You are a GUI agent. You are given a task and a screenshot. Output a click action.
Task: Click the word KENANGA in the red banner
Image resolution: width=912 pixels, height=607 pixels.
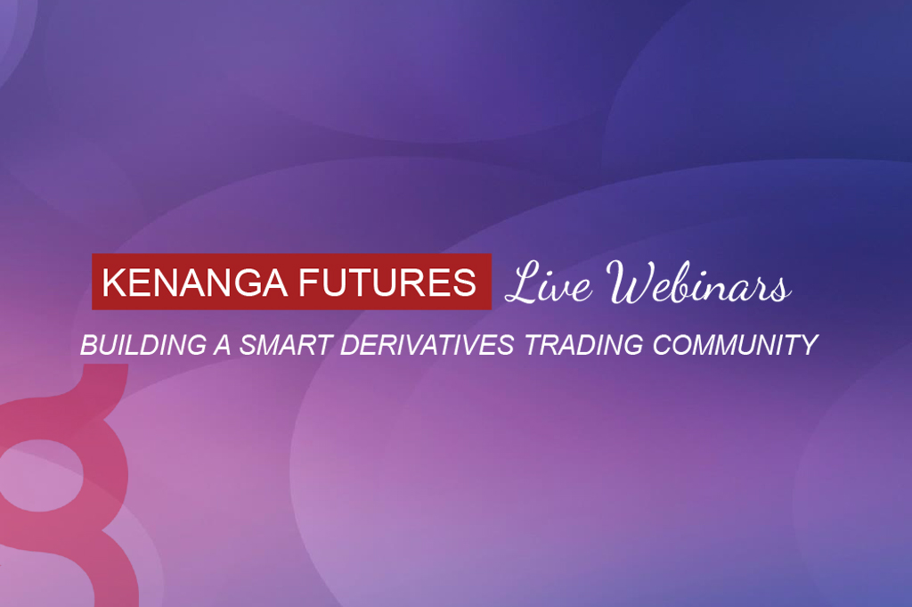(194, 283)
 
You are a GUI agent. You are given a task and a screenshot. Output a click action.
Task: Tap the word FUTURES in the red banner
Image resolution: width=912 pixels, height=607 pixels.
(388, 283)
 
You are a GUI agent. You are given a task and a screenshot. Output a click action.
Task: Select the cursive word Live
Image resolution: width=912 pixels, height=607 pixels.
(549, 283)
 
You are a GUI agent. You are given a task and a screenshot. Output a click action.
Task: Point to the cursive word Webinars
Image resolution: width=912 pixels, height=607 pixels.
(698, 283)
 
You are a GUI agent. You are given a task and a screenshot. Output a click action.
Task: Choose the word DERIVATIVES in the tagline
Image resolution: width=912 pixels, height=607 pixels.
(427, 345)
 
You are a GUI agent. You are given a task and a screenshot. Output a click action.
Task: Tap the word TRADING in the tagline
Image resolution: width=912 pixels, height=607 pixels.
(583, 345)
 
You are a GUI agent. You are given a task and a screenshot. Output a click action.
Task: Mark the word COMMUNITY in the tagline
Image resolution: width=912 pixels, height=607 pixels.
(735, 345)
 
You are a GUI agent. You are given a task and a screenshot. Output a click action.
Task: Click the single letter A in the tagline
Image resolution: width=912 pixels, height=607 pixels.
(223, 345)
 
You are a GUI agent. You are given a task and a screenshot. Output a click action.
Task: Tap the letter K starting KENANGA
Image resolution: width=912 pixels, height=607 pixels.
(113, 283)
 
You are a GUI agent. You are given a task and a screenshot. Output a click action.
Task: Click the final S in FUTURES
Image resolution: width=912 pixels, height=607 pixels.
(465, 283)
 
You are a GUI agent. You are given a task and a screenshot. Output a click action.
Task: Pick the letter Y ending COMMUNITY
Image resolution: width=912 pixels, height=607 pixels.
(809, 345)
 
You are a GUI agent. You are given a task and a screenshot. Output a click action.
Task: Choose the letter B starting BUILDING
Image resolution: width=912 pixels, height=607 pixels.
(90, 345)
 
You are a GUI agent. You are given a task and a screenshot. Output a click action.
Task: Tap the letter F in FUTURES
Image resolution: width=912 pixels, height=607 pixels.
(309, 283)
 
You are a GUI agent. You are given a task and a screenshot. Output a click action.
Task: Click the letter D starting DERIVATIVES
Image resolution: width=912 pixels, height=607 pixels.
(351, 345)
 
